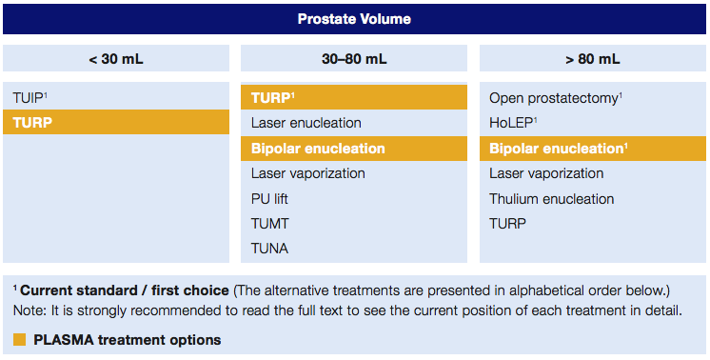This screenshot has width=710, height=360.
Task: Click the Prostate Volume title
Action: pos(354,19)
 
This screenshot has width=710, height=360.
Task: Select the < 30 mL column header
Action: pos(116,59)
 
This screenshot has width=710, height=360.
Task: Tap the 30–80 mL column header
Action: pos(354,59)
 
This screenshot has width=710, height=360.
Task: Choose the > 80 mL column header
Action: pos(592,59)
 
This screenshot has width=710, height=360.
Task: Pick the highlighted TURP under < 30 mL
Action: pos(32,123)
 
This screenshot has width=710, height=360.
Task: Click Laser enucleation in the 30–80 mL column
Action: pos(306,123)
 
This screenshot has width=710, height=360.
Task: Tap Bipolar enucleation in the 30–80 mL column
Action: pos(318,149)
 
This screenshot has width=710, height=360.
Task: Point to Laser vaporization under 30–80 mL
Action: pos(307,173)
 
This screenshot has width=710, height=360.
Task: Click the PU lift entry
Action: pos(269,199)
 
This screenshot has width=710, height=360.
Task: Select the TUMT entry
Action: pos(270,224)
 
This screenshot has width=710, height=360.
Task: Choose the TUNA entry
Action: pos(269,249)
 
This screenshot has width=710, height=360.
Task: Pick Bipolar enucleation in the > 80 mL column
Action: pos(558,149)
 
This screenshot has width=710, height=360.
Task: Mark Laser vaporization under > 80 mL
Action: pos(546,173)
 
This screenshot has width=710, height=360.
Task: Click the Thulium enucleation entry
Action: pos(551,199)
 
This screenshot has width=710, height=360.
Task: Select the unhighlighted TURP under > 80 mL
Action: pos(506,224)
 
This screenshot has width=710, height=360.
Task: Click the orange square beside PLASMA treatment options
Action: pos(19,340)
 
